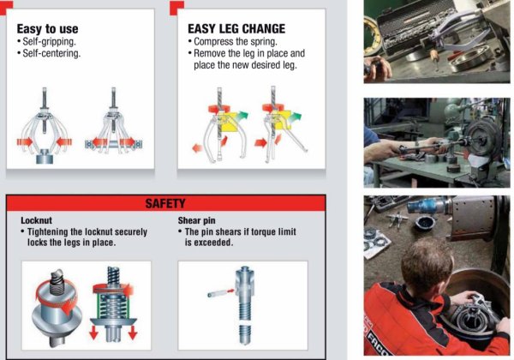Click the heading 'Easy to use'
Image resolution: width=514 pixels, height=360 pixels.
[49, 28]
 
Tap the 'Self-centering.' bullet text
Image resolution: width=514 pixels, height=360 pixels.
[51, 54]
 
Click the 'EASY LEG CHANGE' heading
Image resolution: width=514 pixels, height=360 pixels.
[236, 28]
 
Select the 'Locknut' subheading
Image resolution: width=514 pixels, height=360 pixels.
[36, 219]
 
